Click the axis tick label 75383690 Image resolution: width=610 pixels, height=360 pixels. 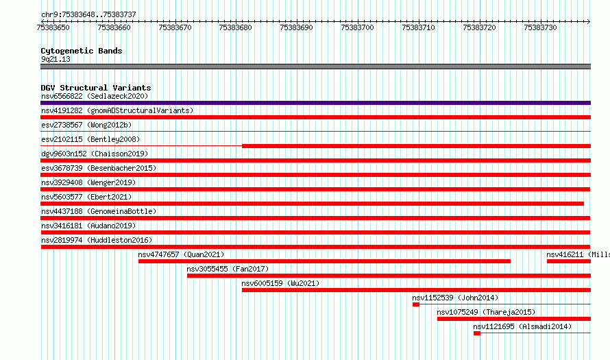tap(296, 27)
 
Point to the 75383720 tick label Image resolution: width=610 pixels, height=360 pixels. tap(479, 27)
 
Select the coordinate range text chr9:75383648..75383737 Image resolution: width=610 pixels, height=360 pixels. tap(88, 15)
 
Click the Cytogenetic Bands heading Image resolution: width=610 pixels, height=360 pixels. tap(82, 51)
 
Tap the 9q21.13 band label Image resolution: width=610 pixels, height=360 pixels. tap(56, 59)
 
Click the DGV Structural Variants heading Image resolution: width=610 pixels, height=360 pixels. tap(96, 88)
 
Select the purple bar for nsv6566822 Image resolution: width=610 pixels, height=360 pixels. tap(315, 103)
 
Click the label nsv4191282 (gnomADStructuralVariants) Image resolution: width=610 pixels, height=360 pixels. tap(117, 110)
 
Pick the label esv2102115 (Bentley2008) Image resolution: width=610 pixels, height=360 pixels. tap(90, 139)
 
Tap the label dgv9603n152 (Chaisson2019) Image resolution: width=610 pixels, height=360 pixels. tap(95, 154)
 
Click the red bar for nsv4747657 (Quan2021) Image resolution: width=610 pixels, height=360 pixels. tap(324, 261)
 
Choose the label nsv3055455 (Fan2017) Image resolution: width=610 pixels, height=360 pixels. tap(228, 269)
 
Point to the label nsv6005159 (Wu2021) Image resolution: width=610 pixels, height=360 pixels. tap(280, 283)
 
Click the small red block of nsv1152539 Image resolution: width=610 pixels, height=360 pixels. tap(416, 304)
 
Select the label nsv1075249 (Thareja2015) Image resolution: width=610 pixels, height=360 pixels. tap(486, 312)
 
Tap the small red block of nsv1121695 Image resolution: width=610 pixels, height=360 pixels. tap(477, 333)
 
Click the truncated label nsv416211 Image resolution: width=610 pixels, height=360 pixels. tap(578, 254)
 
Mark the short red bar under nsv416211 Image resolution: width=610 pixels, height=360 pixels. tap(569, 261)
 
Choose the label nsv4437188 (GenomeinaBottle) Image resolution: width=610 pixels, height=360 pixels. tap(99, 211)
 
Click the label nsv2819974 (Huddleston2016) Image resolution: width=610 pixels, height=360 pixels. tap(97, 240)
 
